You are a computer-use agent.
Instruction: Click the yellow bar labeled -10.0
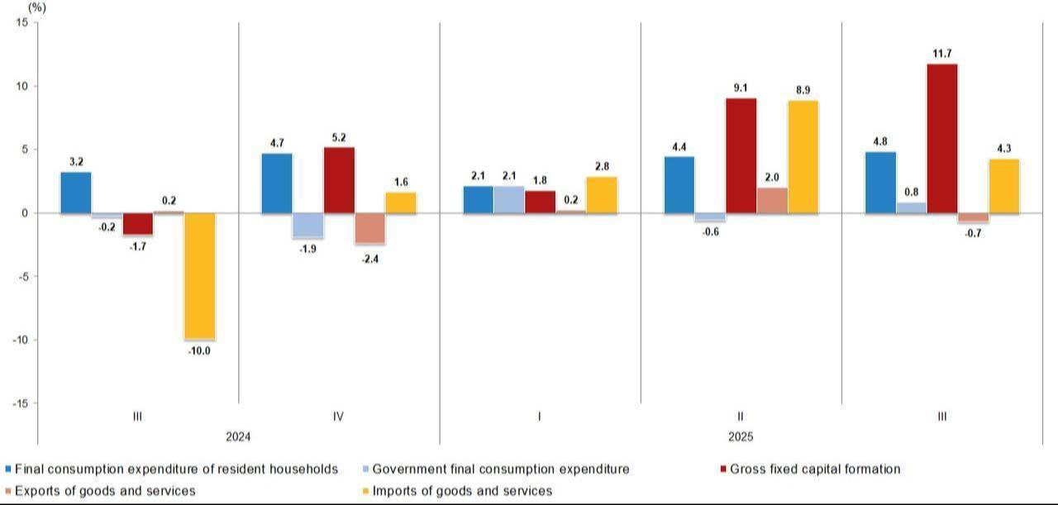click(x=199, y=276)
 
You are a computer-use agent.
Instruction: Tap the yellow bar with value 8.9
click(x=803, y=157)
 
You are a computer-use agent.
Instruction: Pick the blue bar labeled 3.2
click(x=76, y=193)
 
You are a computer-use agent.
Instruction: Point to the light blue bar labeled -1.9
click(x=307, y=225)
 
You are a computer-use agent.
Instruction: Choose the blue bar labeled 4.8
click(x=879, y=183)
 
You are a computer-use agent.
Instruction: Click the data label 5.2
click(x=339, y=138)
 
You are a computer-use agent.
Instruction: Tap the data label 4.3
click(x=1003, y=149)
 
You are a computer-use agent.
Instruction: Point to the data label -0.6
click(x=710, y=232)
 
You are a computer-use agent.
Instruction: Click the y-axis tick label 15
click(x=21, y=23)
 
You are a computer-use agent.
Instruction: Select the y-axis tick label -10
click(x=18, y=340)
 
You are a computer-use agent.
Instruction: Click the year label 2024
click(x=238, y=436)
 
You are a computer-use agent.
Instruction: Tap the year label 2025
click(x=741, y=436)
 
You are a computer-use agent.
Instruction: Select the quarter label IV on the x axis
click(x=338, y=417)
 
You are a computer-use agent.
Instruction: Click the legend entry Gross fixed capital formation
click(x=814, y=469)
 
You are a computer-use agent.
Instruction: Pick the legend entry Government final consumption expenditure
click(x=500, y=469)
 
